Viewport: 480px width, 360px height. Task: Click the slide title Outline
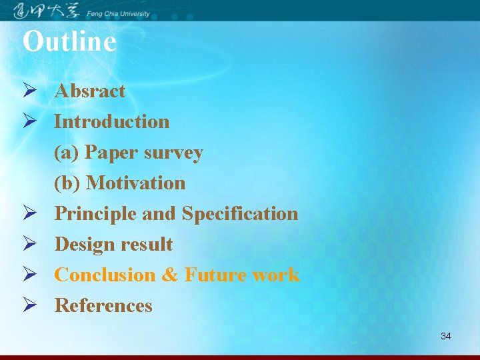(x=69, y=41)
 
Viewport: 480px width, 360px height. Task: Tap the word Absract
(x=90, y=91)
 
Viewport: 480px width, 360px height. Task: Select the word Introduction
(x=112, y=121)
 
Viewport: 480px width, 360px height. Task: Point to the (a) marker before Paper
(x=67, y=153)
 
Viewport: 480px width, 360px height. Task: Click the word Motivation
(x=136, y=183)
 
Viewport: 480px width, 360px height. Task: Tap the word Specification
(x=240, y=213)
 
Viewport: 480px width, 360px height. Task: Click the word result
(x=147, y=244)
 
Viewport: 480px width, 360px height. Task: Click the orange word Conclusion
(x=105, y=275)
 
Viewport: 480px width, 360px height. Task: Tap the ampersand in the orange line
(x=170, y=275)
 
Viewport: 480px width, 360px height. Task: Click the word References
(x=103, y=305)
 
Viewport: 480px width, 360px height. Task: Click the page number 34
(x=445, y=336)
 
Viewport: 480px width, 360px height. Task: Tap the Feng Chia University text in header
(x=119, y=14)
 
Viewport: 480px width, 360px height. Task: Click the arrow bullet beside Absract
(x=29, y=91)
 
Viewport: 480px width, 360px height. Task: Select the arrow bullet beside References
(x=29, y=305)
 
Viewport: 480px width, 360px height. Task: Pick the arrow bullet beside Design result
(x=29, y=244)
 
